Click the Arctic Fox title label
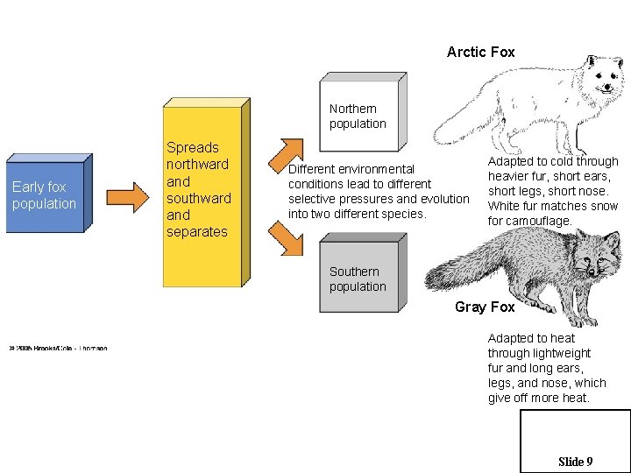coord(480,53)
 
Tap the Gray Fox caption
coord(484,307)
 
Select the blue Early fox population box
coord(46,196)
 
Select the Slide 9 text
coord(575,462)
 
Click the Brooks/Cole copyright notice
coord(58,349)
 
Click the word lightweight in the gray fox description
coord(561,353)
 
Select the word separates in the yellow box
coord(197,232)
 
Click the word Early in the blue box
coord(27,187)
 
